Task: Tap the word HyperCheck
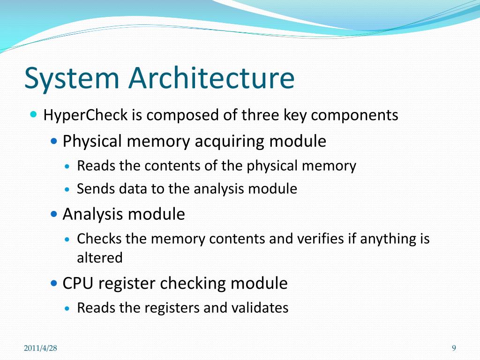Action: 85,115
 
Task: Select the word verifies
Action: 320,239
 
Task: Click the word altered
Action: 99,258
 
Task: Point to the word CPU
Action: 77,284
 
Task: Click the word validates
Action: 260,308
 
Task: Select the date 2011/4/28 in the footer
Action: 40,348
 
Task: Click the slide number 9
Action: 454,348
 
